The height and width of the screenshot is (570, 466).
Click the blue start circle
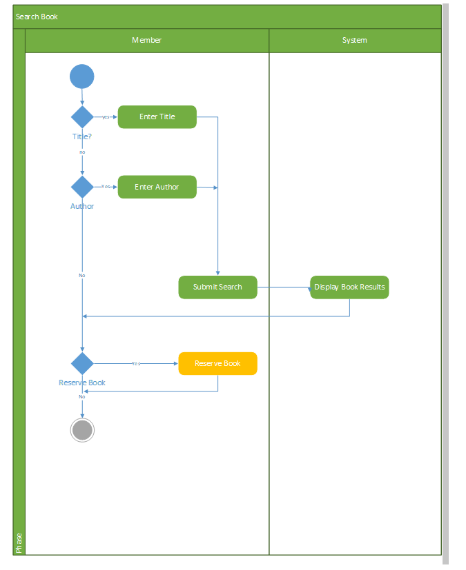coord(81,76)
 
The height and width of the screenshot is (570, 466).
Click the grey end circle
coord(82,430)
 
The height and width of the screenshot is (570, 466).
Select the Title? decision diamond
coord(82,116)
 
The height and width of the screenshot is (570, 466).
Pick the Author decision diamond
coord(82,187)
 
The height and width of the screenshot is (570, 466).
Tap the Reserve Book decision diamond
coord(82,363)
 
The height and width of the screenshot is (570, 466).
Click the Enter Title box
coord(157,116)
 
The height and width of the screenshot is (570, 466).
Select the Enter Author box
coord(157,187)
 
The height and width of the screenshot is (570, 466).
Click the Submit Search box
coord(217,287)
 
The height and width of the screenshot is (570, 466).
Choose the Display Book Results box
coord(349,287)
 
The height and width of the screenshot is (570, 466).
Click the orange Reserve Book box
coord(217,363)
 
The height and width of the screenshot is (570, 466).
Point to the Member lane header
coord(146,40)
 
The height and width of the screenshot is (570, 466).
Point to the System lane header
coord(354,40)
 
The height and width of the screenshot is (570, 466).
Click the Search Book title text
coord(37,17)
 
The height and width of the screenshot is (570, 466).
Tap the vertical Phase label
coord(19,542)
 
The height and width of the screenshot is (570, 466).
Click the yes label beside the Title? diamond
coord(106,117)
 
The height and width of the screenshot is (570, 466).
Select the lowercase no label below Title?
coord(82,152)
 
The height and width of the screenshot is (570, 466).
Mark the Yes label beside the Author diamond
coord(106,187)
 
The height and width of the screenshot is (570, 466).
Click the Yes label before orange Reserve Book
coord(135,363)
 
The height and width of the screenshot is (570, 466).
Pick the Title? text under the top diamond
coord(82,136)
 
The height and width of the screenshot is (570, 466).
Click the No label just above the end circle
coord(81,396)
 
